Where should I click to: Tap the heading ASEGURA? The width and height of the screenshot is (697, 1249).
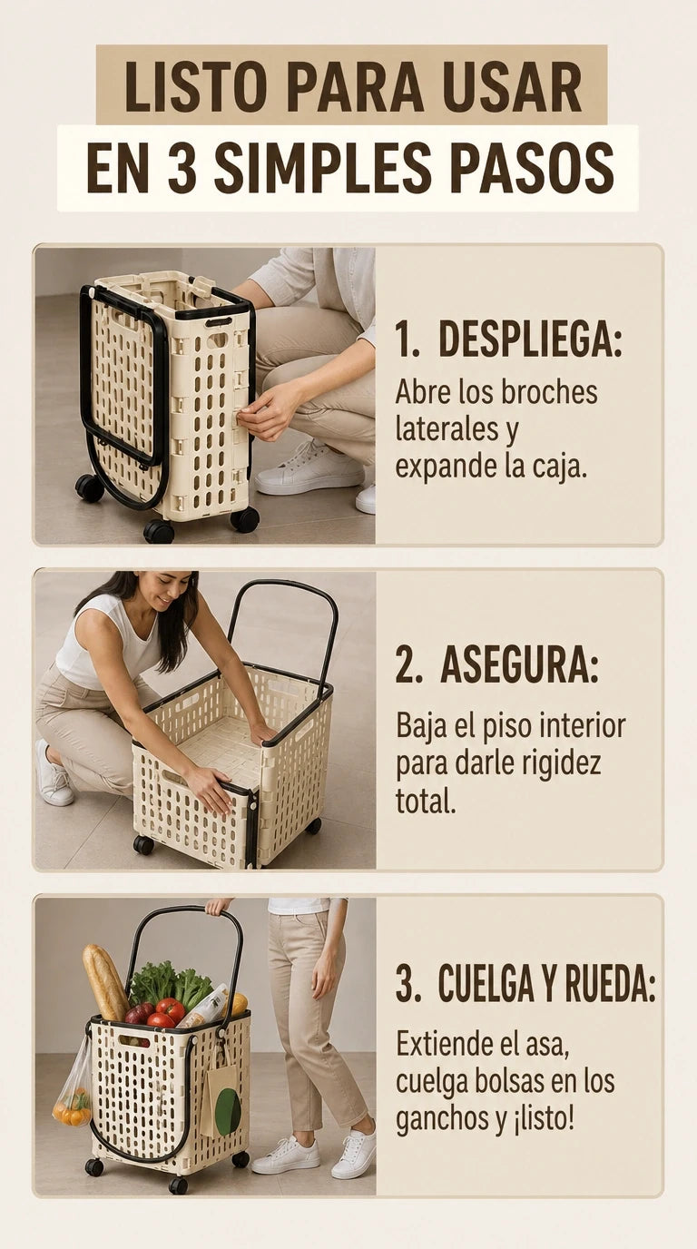click(519, 666)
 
